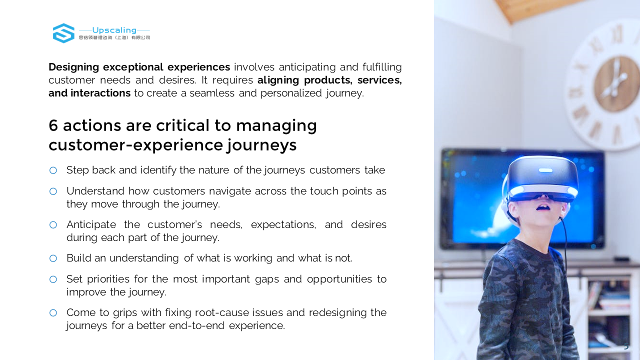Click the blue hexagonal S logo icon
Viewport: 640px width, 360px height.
pos(63,33)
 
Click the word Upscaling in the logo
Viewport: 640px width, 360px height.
pos(114,30)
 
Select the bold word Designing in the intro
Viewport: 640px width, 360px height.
pos(73,67)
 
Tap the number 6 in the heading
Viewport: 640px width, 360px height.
pos(53,125)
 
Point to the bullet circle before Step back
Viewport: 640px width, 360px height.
pos(53,170)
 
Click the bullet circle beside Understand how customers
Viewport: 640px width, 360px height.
pos(53,191)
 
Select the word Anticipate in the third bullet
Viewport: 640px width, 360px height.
pos(91,225)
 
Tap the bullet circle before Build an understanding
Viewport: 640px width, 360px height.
pos(53,258)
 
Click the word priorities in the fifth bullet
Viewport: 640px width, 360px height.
pos(108,279)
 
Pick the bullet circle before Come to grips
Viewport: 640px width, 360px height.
pos(53,313)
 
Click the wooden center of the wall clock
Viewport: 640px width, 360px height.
pos(614,83)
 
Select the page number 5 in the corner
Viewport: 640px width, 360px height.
pos(626,346)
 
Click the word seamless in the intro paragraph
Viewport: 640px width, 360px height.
pos(212,93)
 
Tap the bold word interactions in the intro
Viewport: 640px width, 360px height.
pos(100,93)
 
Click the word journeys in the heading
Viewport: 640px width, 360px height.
pos(261,145)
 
